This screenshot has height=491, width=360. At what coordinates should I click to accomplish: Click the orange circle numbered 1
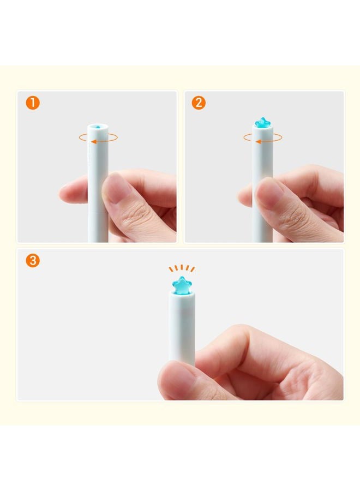point(33,103)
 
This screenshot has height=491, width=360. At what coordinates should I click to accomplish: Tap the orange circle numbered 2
point(199,103)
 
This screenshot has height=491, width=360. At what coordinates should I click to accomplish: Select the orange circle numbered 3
point(33,261)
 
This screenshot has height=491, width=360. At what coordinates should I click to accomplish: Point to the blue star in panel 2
point(262,123)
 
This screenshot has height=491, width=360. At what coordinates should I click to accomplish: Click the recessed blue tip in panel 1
point(98,127)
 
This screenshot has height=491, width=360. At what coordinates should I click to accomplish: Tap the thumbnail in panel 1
point(118,189)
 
